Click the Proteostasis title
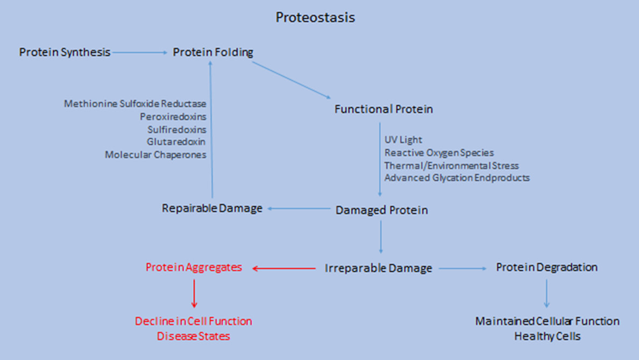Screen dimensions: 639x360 [315, 18]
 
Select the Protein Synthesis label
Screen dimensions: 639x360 [65, 52]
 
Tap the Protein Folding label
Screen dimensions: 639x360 [212, 52]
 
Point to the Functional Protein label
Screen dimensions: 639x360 [384, 109]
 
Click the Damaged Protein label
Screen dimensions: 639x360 [381, 210]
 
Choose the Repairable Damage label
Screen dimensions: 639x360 [212, 208]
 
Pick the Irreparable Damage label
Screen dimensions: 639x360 [378, 269]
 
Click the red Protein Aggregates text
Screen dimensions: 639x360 [194, 267]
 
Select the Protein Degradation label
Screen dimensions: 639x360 [546, 267]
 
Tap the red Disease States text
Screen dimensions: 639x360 [193, 336]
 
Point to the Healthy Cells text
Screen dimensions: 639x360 [548, 336]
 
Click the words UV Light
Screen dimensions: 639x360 [403, 140]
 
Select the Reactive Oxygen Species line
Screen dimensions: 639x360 [439, 152]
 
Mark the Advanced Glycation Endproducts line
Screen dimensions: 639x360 [457, 178]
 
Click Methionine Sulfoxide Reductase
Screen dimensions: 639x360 [135, 103]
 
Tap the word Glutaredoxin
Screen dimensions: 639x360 [176, 142]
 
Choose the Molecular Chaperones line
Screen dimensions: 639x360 [155, 155]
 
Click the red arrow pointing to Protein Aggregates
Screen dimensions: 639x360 [283, 269]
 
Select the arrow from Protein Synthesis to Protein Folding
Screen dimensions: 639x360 [140, 52]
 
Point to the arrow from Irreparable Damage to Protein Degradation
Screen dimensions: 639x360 [463, 269]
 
